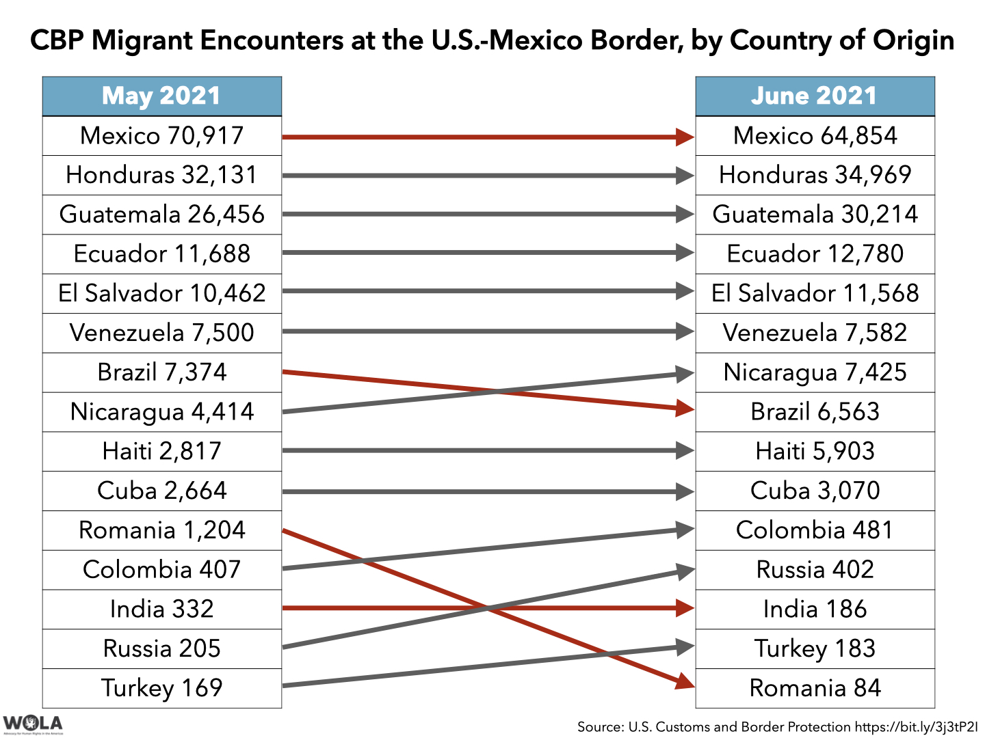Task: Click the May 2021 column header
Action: pos(161,96)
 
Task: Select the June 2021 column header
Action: pos(814,96)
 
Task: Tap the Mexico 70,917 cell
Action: pos(161,136)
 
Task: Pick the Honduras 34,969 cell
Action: pos(814,175)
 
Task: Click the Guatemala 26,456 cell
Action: pos(161,215)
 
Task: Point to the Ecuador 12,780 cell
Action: pos(814,254)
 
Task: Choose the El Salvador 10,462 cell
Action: pos(161,294)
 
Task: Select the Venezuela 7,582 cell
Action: pos(814,333)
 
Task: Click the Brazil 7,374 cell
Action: pos(161,372)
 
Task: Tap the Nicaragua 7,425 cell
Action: pos(814,372)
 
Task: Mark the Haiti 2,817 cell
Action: pos(161,452)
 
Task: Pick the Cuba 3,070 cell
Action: pos(814,491)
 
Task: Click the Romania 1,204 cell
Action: pos(161,530)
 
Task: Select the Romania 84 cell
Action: pos(814,688)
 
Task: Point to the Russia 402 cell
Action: pos(814,570)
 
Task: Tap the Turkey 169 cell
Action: pos(161,688)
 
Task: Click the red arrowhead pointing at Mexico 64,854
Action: pos(684,137)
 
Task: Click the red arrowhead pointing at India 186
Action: pos(684,608)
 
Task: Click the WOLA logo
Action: pos(32,724)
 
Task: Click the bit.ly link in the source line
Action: pos(916,726)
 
